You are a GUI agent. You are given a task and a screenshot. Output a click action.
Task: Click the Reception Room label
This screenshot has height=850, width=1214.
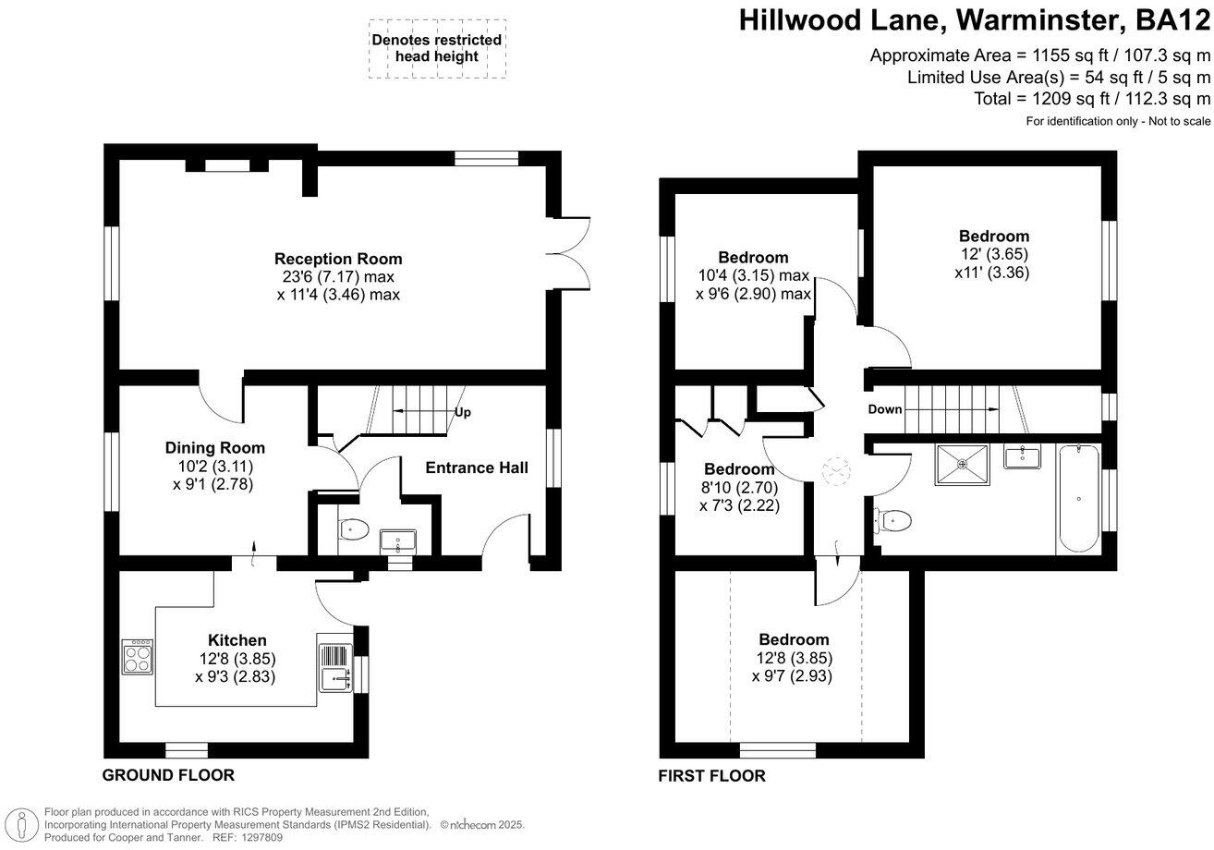point(338,259)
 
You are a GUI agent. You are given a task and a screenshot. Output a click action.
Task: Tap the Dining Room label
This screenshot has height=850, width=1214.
point(215,448)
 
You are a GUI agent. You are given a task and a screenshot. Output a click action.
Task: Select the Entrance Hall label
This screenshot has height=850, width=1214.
point(477,467)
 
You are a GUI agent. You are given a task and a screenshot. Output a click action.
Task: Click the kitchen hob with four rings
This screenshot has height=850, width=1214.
point(137,657)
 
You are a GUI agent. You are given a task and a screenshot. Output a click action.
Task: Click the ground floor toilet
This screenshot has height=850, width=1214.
point(353,528)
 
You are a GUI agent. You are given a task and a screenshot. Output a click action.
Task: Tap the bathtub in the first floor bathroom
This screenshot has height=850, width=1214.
point(1078,499)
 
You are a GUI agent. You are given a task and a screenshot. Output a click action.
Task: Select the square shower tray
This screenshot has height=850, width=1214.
point(962,464)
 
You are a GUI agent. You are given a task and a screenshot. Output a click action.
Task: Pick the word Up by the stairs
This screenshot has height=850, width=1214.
point(462,413)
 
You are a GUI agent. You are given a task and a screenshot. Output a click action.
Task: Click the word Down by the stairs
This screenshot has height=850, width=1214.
point(885,409)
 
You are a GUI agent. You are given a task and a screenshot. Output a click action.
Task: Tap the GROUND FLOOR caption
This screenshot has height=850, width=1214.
point(168,775)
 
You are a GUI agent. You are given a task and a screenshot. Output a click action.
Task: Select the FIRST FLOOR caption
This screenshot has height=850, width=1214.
point(711,776)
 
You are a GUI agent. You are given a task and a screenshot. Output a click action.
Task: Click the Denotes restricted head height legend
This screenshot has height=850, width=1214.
point(437,48)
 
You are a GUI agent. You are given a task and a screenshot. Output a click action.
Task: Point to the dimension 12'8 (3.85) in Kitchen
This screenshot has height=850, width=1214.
point(237,659)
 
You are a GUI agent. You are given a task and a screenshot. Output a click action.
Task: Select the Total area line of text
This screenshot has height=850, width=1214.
point(1092,99)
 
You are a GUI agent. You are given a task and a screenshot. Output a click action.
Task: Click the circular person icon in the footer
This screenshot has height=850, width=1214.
point(21,826)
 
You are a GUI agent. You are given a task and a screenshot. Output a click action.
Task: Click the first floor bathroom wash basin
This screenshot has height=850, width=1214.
point(1022,456)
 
